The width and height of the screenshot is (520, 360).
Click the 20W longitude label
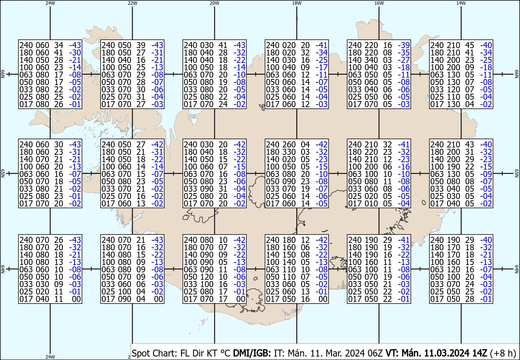(214, 3)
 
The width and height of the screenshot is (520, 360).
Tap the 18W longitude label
(297, 3)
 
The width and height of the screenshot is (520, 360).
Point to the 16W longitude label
(379, 3)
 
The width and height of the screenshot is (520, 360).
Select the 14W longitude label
(461, 3)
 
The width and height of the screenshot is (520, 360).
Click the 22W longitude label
(132, 3)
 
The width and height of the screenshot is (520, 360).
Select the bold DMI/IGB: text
(252, 353)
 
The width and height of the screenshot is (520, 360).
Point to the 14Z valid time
(480, 353)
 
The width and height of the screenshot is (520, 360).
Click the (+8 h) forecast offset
(503, 353)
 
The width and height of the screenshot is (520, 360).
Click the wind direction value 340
(370, 60)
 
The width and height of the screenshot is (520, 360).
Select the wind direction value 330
(288, 152)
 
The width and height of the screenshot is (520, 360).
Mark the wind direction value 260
(288, 144)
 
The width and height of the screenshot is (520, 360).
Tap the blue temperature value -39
(404, 45)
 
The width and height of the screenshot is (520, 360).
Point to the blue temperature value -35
(404, 52)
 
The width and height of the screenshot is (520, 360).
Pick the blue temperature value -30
(75, 52)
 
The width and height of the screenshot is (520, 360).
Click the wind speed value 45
(469, 45)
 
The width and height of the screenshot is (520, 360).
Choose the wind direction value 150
(288, 255)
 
